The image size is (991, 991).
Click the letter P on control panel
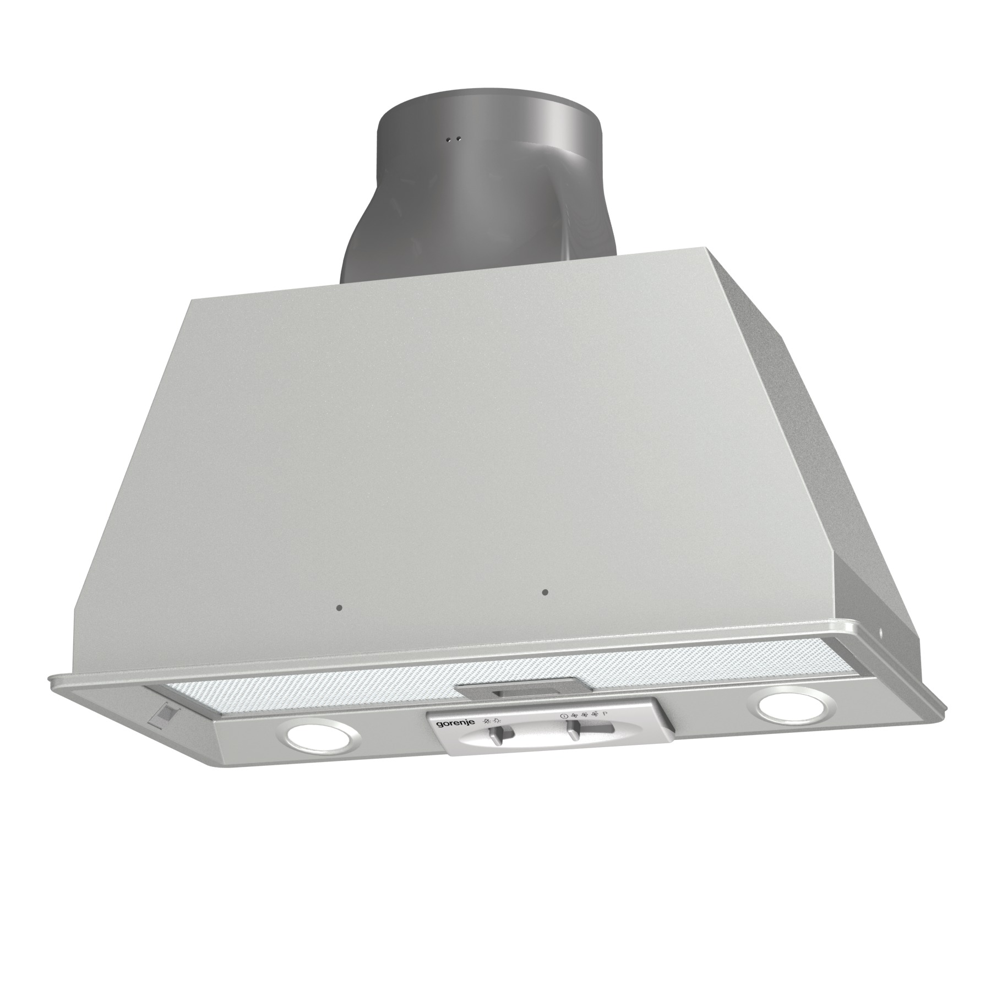[x=605, y=714]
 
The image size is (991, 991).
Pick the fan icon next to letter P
[x=595, y=714]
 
